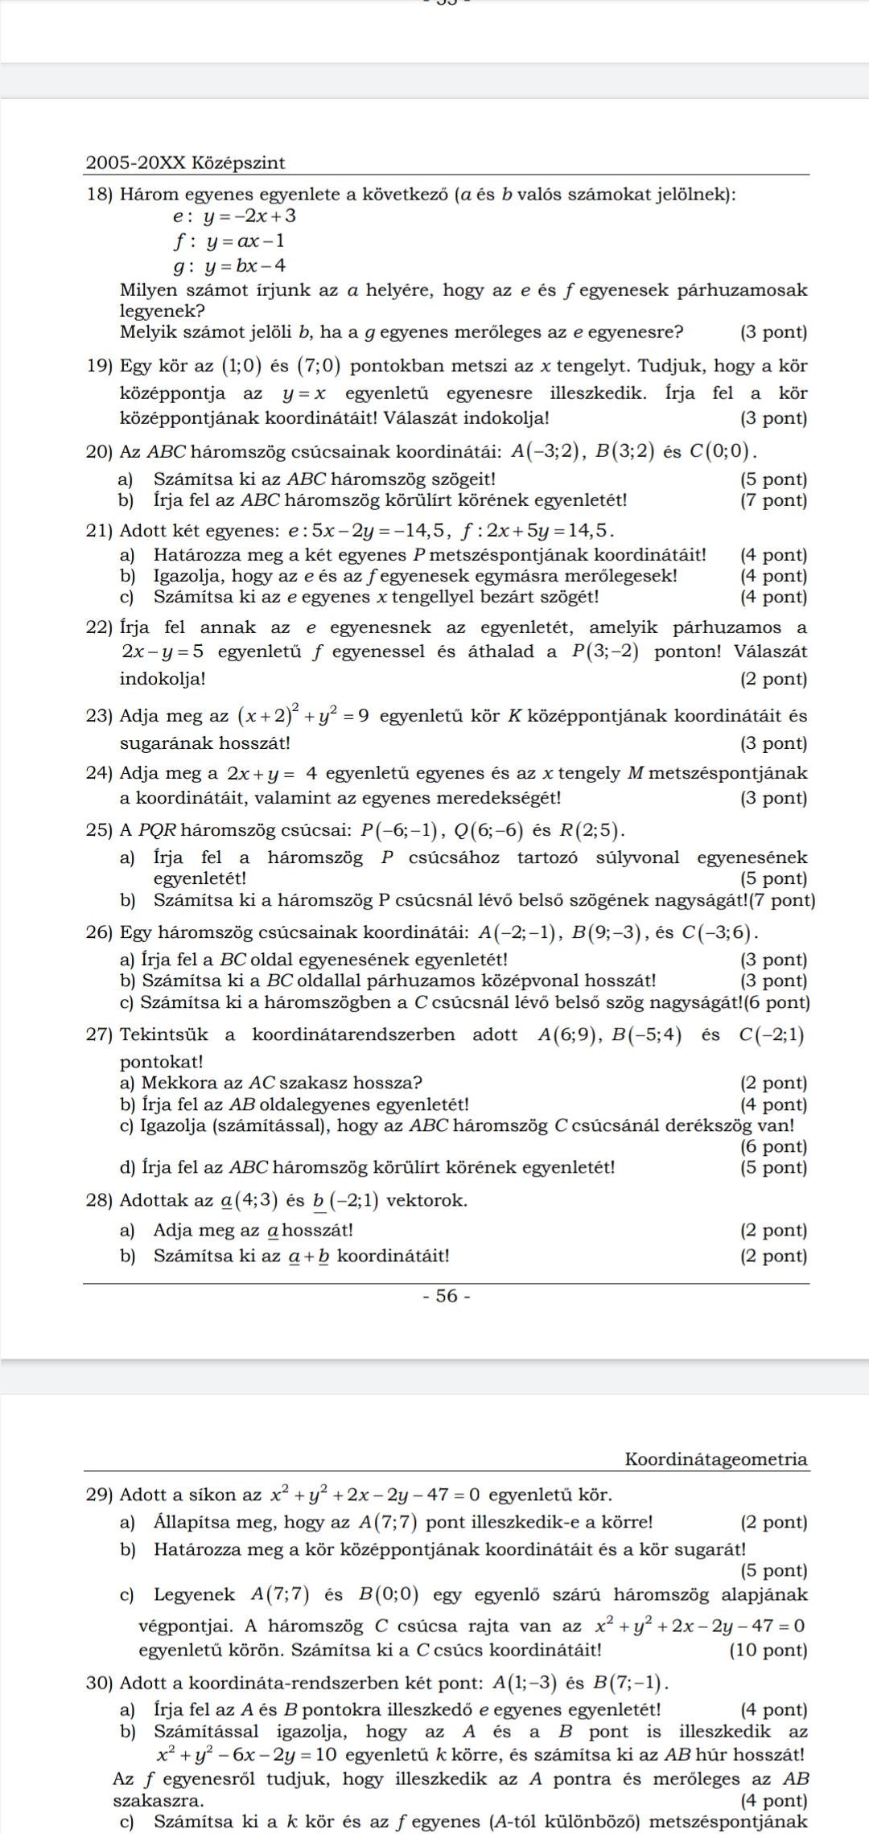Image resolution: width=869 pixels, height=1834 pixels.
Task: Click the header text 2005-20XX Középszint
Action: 185,162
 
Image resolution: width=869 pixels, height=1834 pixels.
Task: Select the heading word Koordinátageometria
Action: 716,1458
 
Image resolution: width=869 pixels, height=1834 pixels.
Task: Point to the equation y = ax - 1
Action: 245,241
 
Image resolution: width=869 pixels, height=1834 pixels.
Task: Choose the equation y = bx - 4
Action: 245,265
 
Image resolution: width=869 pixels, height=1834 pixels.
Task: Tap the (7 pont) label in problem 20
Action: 773,500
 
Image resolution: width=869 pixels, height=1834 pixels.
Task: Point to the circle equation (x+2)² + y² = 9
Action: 303,714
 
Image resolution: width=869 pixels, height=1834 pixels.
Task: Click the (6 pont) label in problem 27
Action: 773,1146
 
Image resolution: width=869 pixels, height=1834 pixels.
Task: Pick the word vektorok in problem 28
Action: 426,1200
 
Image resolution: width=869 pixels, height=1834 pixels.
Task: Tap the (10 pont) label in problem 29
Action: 768,1651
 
